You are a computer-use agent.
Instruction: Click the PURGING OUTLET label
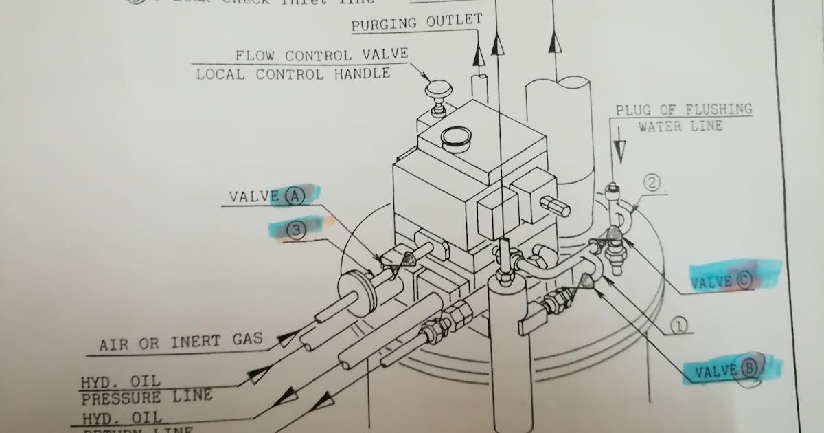coord(417,23)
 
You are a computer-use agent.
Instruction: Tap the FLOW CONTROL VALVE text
coord(322,56)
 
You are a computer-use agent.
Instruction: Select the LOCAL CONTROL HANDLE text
coord(293,74)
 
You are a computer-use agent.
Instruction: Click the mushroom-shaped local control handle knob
coord(437,90)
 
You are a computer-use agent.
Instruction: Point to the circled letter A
coord(294,196)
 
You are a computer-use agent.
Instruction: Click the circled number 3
coord(296,232)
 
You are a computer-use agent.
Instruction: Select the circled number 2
coord(652,184)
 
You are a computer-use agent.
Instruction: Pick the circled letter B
coord(748,370)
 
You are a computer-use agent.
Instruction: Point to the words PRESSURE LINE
coord(147,397)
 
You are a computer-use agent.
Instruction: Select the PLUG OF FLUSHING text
coord(683,110)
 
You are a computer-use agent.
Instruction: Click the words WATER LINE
coord(680,126)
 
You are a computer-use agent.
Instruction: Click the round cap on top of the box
coord(455,138)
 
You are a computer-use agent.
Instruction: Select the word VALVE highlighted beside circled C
coord(712,282)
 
